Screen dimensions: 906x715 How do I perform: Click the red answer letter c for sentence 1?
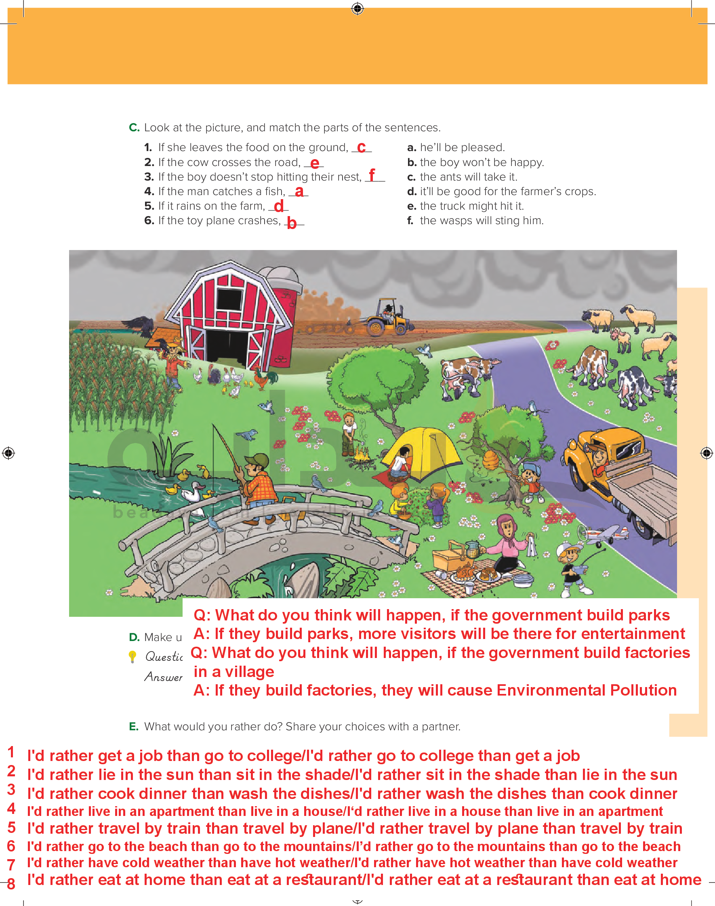361,147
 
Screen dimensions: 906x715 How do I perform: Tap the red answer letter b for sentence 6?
292,223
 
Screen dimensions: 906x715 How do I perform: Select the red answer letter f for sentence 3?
372,174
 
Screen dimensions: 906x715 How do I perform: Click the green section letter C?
134,127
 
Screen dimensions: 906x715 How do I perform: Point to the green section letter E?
134,727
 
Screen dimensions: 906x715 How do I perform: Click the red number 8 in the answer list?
11,883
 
